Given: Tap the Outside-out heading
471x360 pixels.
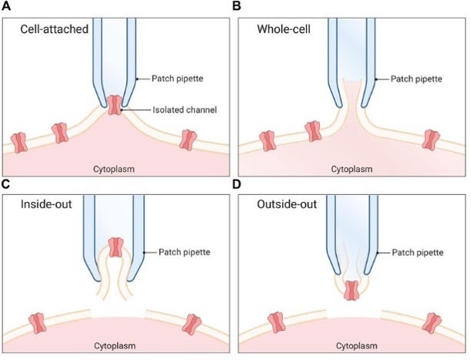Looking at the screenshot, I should click(x=282, y=207).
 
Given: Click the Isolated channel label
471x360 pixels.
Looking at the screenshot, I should click(x=168, y=110).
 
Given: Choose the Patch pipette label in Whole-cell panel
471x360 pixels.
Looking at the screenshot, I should click(x=416, y=79).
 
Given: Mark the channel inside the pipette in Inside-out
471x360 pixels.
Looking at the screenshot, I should click(x=116, y=247).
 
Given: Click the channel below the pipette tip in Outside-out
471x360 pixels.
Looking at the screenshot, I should click(x=352, y=290).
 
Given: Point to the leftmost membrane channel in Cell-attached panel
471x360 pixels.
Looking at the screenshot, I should click(x=19, y=142).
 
